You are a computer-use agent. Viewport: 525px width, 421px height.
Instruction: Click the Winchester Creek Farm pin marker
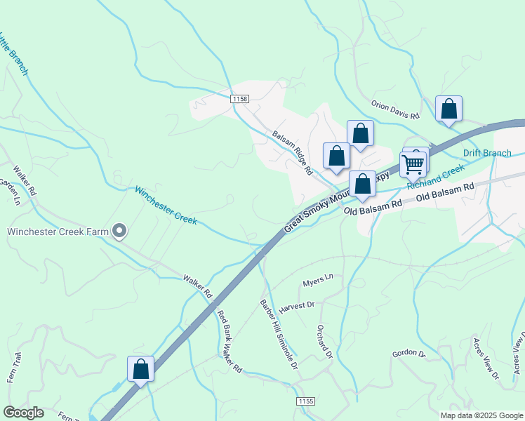pos(119,230)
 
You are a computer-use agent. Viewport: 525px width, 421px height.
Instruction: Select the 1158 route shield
pos(239,100)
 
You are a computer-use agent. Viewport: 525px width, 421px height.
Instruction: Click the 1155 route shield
pos(305,401)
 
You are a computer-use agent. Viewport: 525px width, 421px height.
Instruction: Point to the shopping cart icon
pos(413,164)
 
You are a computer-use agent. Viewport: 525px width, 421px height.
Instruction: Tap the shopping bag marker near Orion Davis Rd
pos(448,109)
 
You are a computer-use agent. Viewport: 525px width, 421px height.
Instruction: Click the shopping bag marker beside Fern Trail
pos(140,369)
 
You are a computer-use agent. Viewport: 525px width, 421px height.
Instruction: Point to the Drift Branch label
pos(487,153)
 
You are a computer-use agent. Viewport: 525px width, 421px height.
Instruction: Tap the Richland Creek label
pos(436,176)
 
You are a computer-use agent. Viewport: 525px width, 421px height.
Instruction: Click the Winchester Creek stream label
pos(166,206)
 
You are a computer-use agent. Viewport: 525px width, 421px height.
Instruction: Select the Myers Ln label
pos(317,281)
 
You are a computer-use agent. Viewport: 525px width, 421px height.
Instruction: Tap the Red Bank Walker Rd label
pos(229,342)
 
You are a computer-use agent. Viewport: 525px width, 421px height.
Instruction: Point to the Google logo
pos(23,413)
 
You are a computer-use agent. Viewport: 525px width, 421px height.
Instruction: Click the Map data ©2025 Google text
pos(481,415)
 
